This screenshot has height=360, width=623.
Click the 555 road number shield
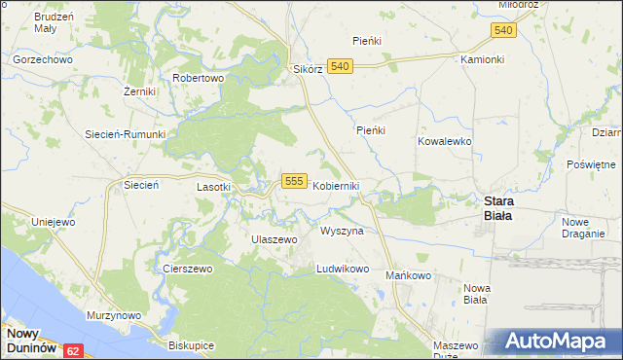click(x=296, y=181)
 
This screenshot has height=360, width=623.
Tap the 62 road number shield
click(x=74, y=348)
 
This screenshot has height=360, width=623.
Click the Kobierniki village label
click(x=336, y=186)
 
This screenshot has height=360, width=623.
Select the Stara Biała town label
click(x=506, y=207)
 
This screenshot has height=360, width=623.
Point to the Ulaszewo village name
click(x=273, y=238)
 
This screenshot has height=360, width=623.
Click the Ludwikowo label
click(x=344, y=269)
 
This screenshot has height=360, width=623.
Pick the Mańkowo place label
click(x=408, y=275)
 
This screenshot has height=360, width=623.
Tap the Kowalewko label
click(x=444, y=141)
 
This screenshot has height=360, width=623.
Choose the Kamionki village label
click(x=482, y=58)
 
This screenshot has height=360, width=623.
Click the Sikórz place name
click(x=308, y=70)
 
